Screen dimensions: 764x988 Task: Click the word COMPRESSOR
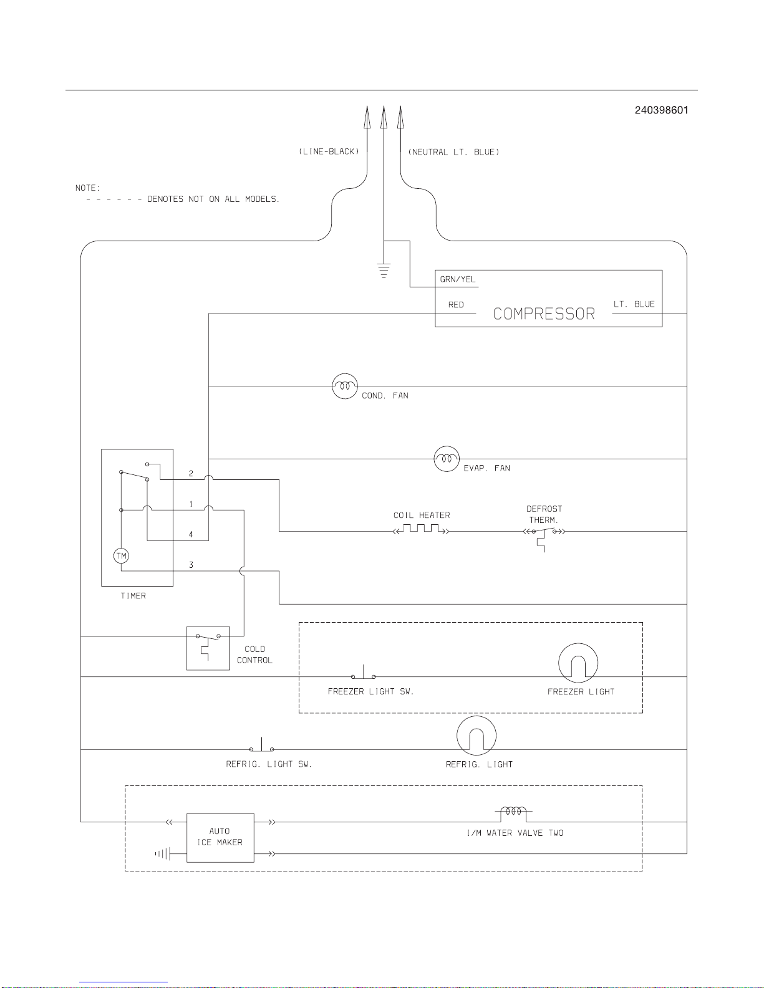[544, 314]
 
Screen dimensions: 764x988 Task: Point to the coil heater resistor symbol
[421, 529]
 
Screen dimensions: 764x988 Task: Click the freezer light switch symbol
[363, 672]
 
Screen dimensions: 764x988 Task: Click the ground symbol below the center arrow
[384, 270]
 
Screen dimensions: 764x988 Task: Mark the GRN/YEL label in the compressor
[458, 279]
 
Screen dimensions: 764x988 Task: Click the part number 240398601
[661, 110]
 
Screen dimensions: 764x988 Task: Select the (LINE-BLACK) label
[329, 151]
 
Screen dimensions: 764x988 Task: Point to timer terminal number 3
[191, 565]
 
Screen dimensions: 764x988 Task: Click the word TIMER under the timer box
[133, 596]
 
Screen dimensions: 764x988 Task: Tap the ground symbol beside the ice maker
[162, 853]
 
